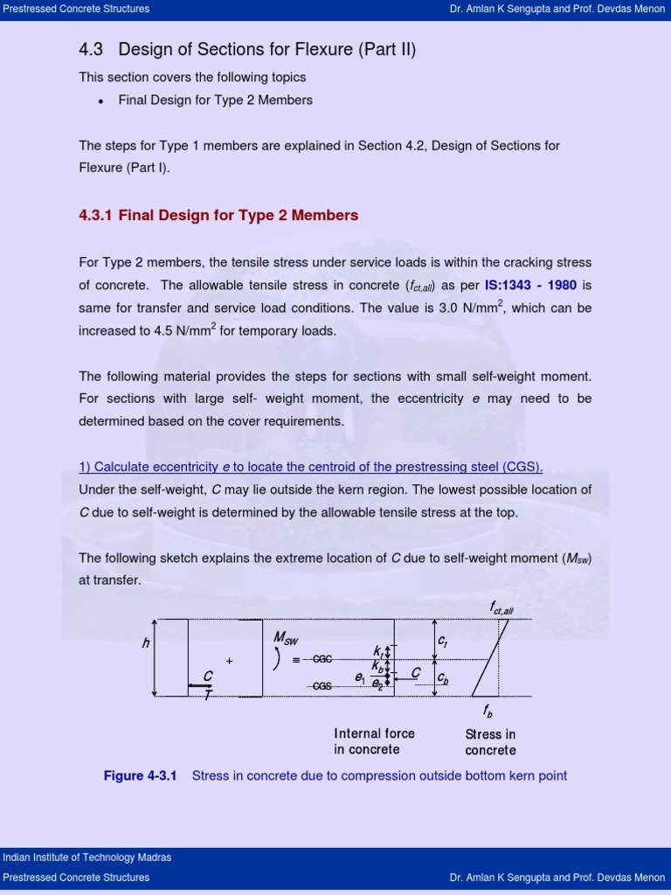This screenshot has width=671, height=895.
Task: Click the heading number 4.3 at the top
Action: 91,50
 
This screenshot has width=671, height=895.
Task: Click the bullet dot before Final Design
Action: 101,101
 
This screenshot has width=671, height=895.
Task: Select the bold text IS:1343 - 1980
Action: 530,285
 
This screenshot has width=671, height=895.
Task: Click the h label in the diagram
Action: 146,643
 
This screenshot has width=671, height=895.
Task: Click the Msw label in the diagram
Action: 286,639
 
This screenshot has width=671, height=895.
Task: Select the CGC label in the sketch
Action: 323,660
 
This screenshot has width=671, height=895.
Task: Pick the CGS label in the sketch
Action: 322,686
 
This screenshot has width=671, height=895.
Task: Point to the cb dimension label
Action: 443,677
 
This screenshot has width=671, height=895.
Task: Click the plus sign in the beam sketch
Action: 229,661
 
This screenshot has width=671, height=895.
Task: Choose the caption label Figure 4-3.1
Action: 140,776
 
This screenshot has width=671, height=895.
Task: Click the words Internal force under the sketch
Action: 374,733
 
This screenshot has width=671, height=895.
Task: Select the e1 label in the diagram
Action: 359,677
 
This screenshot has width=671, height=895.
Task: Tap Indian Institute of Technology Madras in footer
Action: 86,857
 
